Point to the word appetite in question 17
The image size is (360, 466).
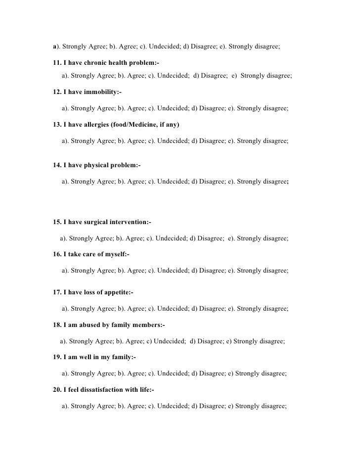[x=116, y=292]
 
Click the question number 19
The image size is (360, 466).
[x=57, y=357]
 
